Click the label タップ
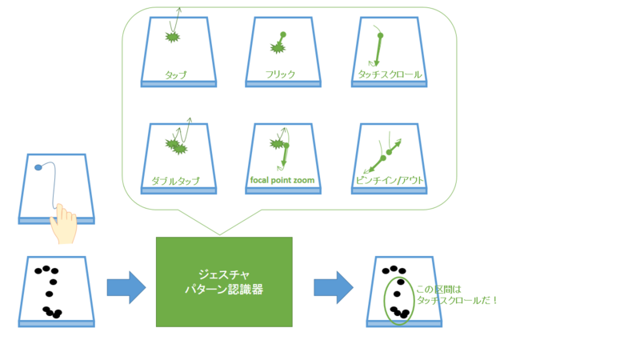[x=175, y=74]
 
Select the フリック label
[x=280, y=74]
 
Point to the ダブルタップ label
[x=175, y=181]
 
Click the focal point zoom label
[x=282, y=181]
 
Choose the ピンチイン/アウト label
[x=390, y=181]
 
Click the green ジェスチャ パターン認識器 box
[x=224, y=282]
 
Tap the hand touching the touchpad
[x=62, y=223]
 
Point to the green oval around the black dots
[x=398, y=300]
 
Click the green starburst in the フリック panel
[x=278, y=49]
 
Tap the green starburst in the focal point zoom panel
[x=278, y=145]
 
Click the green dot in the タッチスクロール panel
[x=380, y=36]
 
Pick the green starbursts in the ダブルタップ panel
[x=175, y=146]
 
